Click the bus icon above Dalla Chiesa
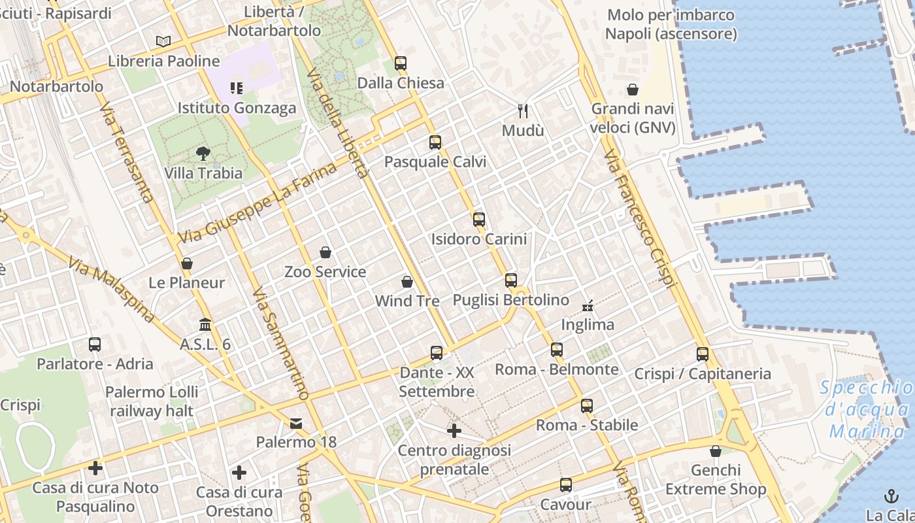[x=401, y=63]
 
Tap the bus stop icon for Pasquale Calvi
[x=435, y=142]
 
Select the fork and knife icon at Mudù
[x=522, y=110]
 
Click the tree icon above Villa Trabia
[x=203, y=154]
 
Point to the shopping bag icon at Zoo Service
[x=325, y=252]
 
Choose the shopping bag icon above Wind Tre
[x=407, y=282]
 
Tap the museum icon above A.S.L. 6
[x=205, y=324]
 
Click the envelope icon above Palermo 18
[x=296, y=423]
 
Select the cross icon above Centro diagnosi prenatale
[x=454, y=431]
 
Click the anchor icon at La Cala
[x=891, y=496]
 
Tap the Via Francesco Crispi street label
[x=640, y=219]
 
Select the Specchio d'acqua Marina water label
[x=867, y=410]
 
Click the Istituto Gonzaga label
[x=237, y=108]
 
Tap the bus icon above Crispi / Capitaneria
[x=703, y=354]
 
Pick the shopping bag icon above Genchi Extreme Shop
[x=716, y=451]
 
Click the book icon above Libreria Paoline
[x=163, y=42]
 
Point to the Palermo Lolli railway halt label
[x=152, y=401]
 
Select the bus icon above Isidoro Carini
[x=479, y=220]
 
